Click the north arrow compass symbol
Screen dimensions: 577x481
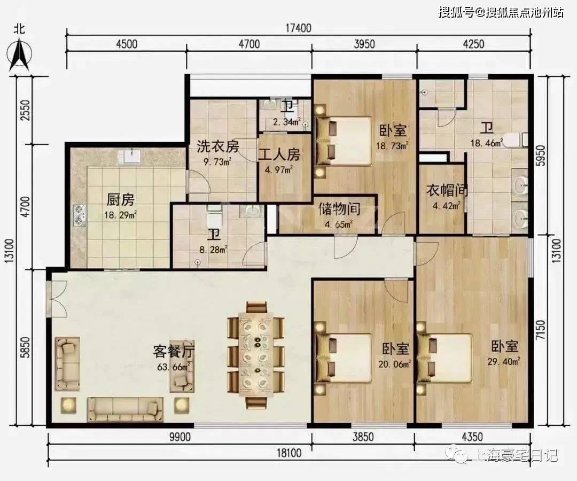click(x=20, y=55)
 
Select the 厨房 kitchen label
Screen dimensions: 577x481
click(x=121, y=200)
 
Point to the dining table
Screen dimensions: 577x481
click(x=256, y=354)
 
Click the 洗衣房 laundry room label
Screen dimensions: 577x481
click(x=218, y=146)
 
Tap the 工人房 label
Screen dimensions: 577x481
click(x=279, y=154)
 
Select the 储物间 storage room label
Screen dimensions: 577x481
click(x=339, y=209)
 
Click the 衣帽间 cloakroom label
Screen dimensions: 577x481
click(x=447, y=190)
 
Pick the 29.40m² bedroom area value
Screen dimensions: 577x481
click(x=504, y=362)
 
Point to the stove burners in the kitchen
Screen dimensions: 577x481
click(x=80, y=214)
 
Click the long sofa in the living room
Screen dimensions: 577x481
click(x=125, y=409)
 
